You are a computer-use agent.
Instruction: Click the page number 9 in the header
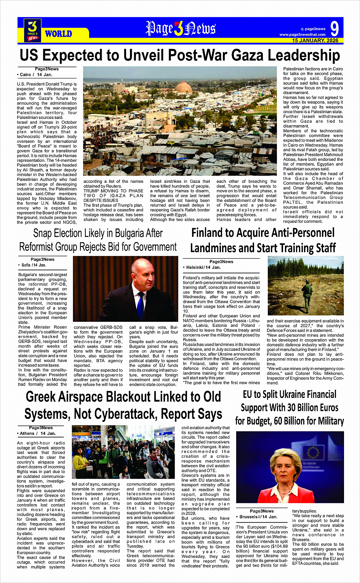(334, 29)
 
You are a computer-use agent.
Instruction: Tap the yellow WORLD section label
(58, 34)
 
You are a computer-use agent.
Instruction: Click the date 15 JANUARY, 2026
(315, 40)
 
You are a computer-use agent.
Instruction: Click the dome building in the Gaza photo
(183, 88)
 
